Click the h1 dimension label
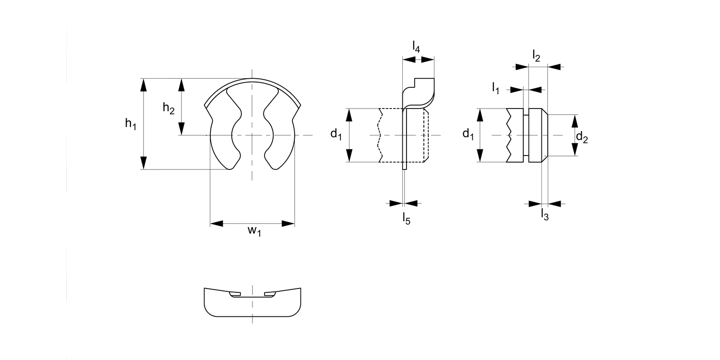click(x=131, y=124)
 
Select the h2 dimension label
click(x=169, y=108)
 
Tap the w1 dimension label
click(x=254, y=231)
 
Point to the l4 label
click(x=416, y=47)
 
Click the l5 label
click(x=407, y=219)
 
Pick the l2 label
click(x=536, y=56)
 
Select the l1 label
click(x=496, y=88)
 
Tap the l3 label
click(x=545, y=215)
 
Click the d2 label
click(x=582, y=138)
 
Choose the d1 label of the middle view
click(x=336, y=134)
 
